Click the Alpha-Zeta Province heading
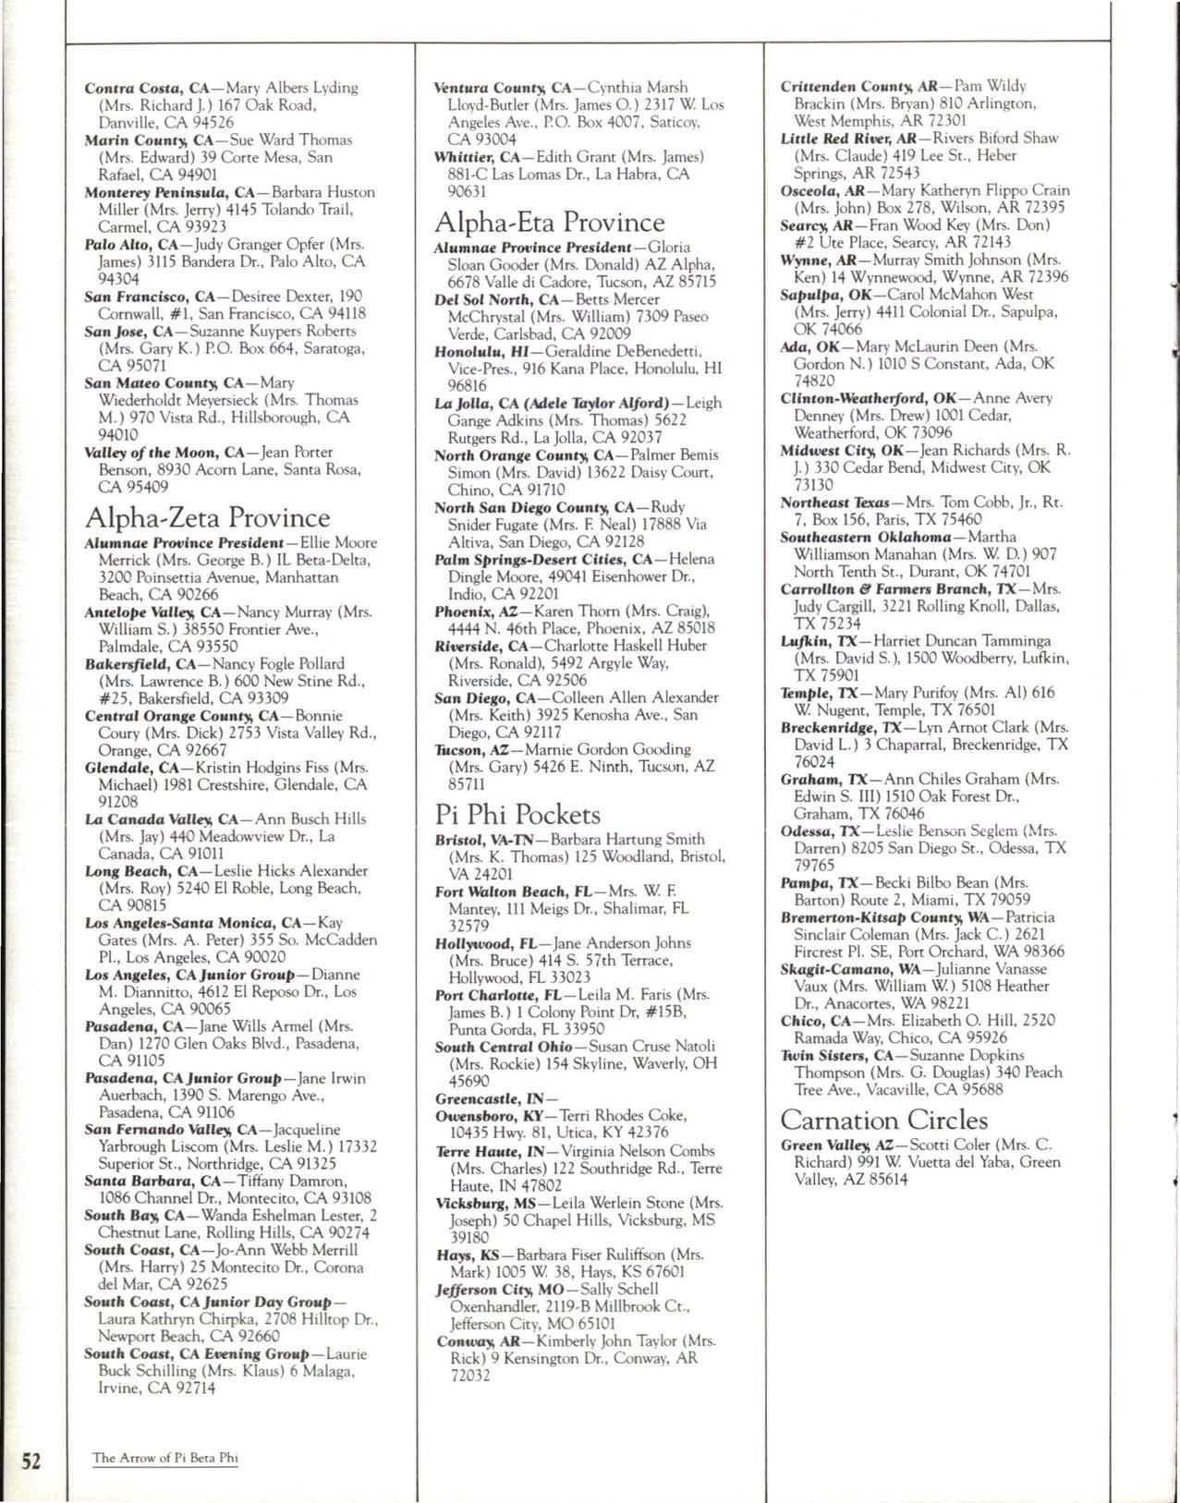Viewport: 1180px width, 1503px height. click(207, 517)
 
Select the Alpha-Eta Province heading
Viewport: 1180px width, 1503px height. click(549, 223)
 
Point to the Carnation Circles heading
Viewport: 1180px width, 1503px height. click(883, 1121)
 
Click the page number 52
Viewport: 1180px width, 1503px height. click(31, 1461)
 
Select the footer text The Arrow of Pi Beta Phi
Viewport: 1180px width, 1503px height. click(165, 1458)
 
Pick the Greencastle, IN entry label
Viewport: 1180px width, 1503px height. click(491, 1099)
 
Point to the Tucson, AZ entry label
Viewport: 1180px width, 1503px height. click(469, 749)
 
